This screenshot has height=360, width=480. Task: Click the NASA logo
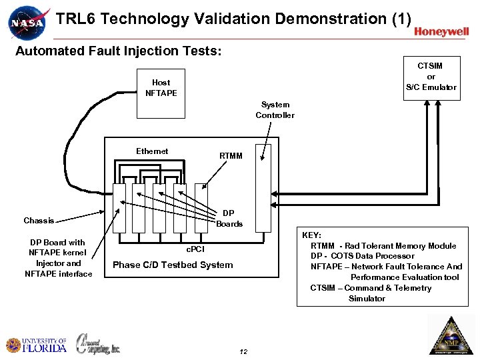[27, 22]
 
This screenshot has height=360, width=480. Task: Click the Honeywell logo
[441, 31]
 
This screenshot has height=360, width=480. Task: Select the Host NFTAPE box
[161, 87]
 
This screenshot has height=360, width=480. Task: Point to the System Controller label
[275, 110]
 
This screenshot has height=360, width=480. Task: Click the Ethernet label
[152, 151]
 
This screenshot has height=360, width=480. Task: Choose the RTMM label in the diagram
[231, 156]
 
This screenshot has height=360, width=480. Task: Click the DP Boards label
[229, 219]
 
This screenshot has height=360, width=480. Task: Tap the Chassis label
[39, 220]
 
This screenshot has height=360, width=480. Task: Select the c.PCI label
[195, 249]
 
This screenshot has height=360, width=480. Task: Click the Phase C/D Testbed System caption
[173, 265]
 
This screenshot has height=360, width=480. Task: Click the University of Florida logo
[36, 345]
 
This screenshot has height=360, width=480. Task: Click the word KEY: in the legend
[311, 235]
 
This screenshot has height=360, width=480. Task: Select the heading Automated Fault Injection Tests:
[118, 51]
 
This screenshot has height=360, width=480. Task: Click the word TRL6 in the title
[75, 19]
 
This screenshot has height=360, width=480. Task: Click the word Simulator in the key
[367, 299]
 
